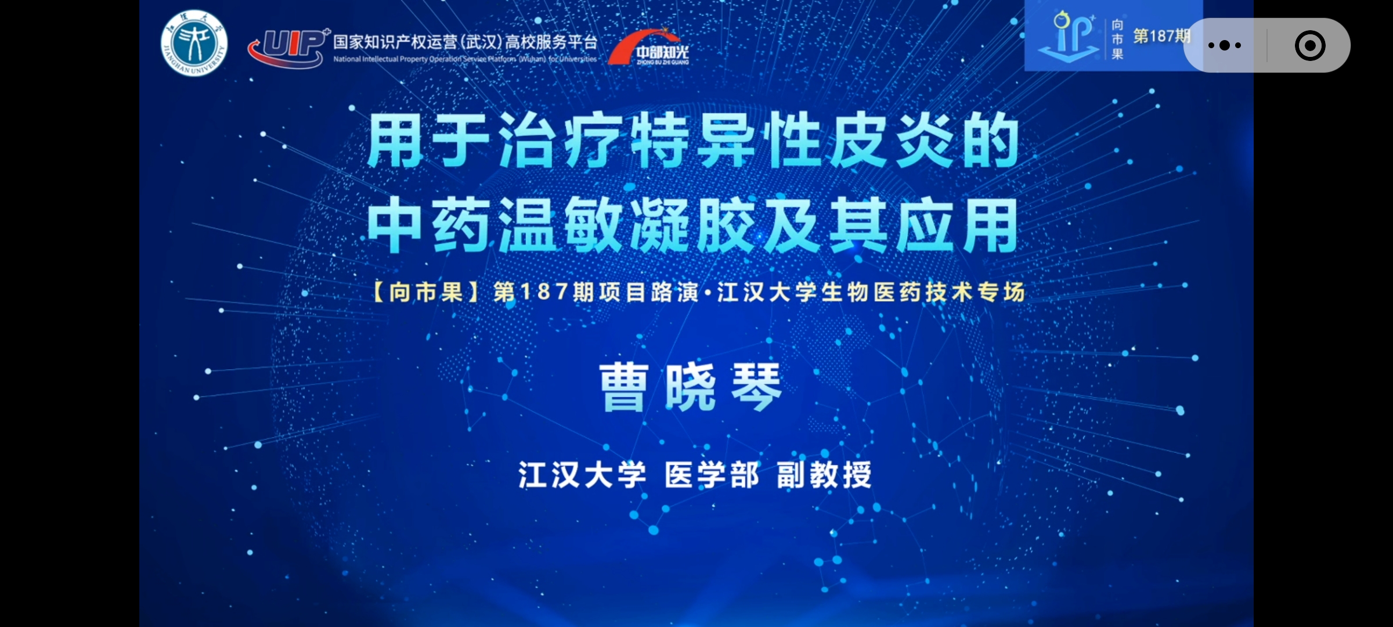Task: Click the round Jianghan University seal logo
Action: [194, 43]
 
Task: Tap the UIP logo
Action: [288, 48]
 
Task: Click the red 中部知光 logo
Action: [649, 48]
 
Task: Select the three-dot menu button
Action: [1225, 45]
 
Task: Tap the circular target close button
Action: [1310, 45]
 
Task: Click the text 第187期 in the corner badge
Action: [1161, 36]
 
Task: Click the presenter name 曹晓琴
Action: [691, 388]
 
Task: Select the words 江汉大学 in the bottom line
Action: [582, 475]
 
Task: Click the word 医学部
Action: [712, 475]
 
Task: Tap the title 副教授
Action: [824, 475]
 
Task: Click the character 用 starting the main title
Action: [395, 140]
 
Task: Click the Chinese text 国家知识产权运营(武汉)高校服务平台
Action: [465, 42]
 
